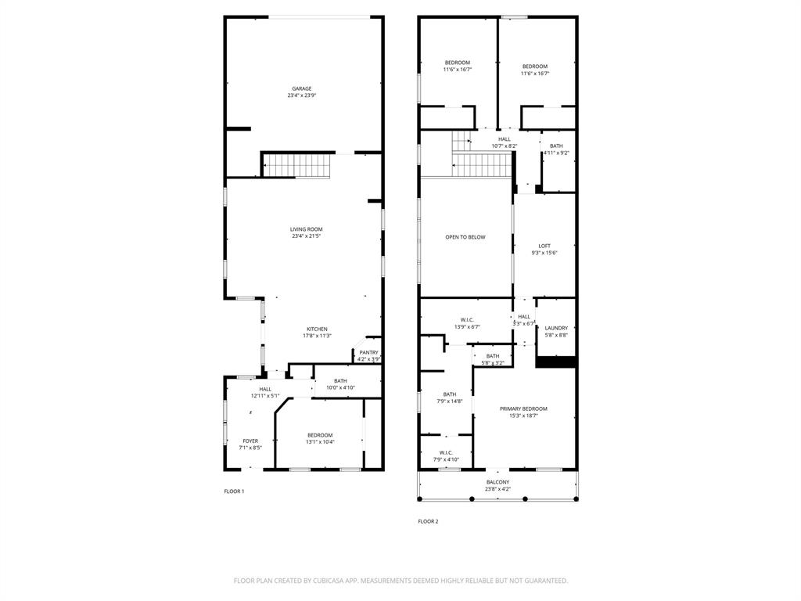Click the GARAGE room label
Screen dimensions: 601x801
coord(302,88)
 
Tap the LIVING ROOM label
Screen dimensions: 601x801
coord(306,229)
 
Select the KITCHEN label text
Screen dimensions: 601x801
coord(317,329)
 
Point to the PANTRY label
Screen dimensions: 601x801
coord(368,353)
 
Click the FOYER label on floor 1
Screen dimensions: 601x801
coord(250,441)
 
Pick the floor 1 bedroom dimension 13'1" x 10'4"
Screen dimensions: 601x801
coord(320,442)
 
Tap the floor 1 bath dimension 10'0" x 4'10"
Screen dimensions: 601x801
coord(340,387)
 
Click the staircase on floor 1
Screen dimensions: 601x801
coord(296,166)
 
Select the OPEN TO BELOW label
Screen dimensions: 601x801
coord(465,237)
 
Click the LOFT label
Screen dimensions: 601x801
coord(544,246)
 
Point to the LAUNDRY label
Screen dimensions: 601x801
coord(556,328)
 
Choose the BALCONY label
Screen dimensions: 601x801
coord(498,482)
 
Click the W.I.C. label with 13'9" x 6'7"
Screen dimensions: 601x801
coord(467,319)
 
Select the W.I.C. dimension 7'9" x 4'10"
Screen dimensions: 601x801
coord(446,459)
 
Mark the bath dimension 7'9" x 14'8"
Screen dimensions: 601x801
coord(450,401)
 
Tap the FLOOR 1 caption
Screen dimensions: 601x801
coord(234,491)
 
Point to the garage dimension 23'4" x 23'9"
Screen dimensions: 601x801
coord(302,95)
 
